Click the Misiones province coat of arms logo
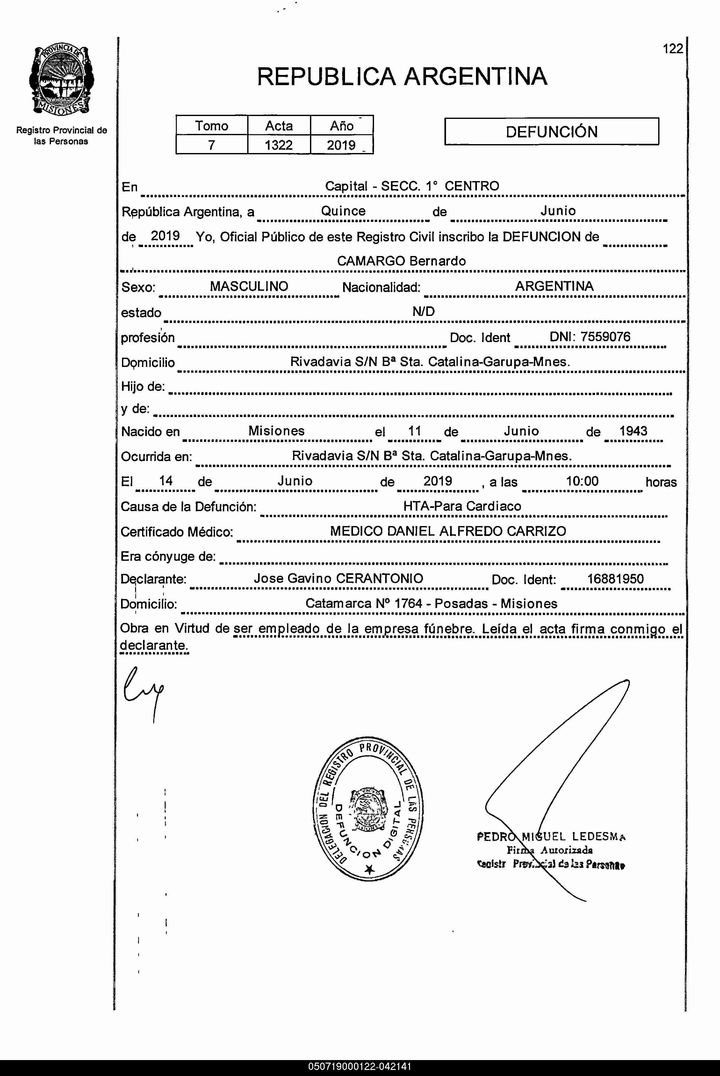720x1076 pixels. point(61,80)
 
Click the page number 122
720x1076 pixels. point(673,49)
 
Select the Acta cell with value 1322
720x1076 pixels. point(279,145)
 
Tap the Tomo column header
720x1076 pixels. point(211,125)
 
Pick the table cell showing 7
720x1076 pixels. point(211,145)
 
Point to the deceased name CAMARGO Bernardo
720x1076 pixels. point(401,261)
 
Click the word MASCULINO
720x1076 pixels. point(249,286)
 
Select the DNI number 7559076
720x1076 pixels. point(605,336)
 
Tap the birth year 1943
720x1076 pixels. point(633,431)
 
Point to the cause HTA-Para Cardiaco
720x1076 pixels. point(462,506)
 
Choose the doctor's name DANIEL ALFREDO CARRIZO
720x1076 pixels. point(477,531)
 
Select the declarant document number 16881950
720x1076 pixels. point(615,579)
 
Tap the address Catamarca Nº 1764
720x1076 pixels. point(364,603)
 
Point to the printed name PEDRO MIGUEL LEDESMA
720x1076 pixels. point(551,837)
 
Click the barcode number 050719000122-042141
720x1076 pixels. point(360,1066)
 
